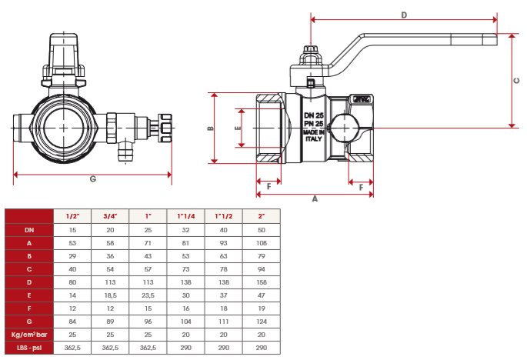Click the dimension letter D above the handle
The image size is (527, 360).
404,15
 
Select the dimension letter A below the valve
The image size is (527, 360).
314,198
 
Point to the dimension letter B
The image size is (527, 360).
210,128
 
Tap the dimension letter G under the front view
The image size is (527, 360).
92,180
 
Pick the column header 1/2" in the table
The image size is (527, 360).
73,216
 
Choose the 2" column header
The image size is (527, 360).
262,216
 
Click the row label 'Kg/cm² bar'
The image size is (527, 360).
29,335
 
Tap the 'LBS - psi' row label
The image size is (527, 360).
29,348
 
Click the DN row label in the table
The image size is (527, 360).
29,229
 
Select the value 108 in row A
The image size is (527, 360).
262,242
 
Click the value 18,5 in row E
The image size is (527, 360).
111,295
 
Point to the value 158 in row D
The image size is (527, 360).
262,282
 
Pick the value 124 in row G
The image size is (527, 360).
262,322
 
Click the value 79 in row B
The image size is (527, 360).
262,256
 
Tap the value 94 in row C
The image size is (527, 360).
262,269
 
